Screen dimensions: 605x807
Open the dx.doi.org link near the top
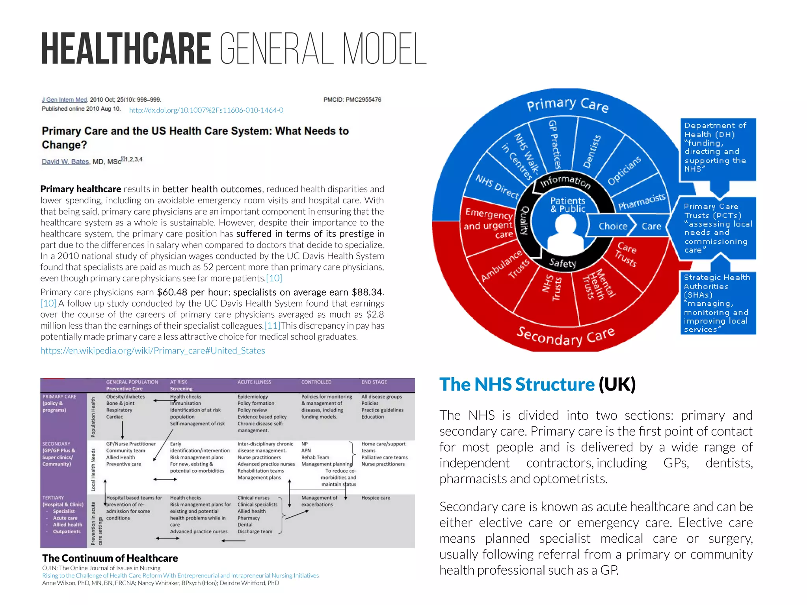coord(206,110)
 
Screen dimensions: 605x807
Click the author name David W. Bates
coord(65,162)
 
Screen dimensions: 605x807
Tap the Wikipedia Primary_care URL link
coord(152,350)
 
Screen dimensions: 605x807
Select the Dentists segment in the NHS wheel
coord(592,151)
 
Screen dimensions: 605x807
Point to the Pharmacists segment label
coord(642,202)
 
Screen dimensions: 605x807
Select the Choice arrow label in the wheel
coord(613,226)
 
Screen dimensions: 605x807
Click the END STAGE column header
coord(374,382)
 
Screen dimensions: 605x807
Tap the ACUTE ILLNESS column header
coord(254,382)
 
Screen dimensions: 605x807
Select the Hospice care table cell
coord(376,498)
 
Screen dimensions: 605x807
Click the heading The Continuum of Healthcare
coord(110,558)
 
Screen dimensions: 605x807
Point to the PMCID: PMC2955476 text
coord(352,100)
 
